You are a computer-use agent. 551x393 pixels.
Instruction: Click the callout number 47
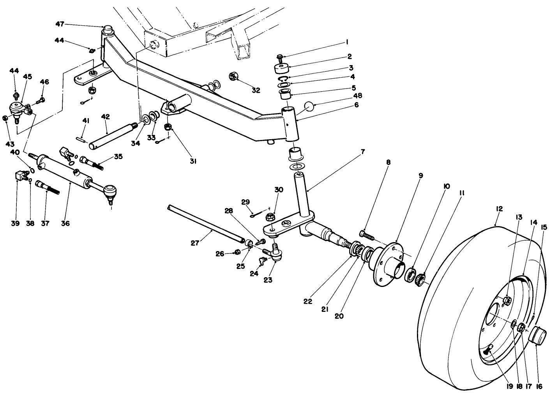59,24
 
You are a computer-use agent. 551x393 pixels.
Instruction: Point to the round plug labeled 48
309,106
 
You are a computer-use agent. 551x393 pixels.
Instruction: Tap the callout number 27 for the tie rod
195,243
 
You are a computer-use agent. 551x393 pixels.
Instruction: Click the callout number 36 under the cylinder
65,223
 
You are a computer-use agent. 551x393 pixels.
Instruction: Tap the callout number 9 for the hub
420,175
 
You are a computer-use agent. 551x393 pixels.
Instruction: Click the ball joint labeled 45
18,109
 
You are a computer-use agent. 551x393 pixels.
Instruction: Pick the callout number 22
307,301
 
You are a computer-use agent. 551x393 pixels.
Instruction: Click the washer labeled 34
145,118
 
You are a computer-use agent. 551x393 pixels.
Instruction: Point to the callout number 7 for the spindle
363,152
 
